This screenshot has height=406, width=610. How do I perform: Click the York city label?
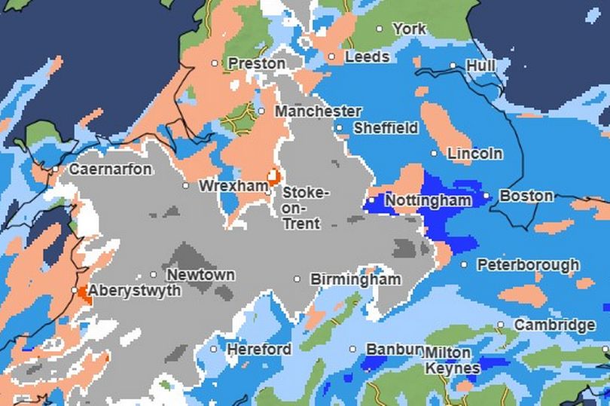(410, 29)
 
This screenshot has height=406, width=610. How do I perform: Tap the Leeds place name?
(367, 56)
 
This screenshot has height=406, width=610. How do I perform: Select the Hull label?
(480, 66)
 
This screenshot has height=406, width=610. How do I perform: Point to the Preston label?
(256, 63)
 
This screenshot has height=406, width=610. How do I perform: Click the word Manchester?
(318, 111)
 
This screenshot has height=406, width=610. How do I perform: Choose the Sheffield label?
(386, 128)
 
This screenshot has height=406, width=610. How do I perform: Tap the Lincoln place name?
(474, 154)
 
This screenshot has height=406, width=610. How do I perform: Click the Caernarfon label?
(110, 169)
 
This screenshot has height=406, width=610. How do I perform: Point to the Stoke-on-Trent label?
(304, 208)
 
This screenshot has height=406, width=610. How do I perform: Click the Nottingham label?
(428, 200)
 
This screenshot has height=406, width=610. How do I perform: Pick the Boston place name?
(526, 196)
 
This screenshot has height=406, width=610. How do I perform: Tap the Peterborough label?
(528, 265)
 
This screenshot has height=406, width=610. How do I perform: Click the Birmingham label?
(355, 279)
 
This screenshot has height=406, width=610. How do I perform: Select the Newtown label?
(200, 275)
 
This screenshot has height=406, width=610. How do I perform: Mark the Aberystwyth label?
(134, 291)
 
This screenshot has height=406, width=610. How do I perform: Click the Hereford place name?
(259, 350)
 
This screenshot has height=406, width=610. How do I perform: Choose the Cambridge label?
(554, 325)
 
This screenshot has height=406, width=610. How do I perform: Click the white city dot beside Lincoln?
(434, 154)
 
